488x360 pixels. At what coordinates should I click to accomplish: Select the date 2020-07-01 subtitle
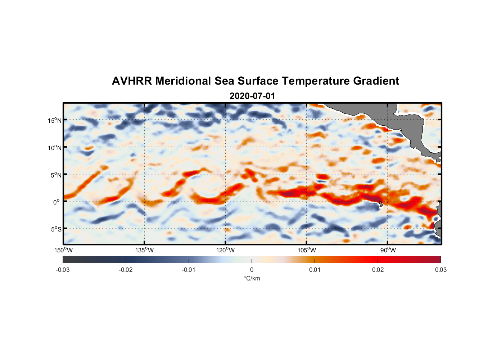pos(252,96)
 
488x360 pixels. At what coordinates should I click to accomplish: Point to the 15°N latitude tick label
pos(54,120)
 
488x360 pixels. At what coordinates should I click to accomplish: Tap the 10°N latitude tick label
pos(54,148)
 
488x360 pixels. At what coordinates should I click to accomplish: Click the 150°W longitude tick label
pos(64,250)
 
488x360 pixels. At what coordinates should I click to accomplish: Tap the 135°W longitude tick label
pos(145,250)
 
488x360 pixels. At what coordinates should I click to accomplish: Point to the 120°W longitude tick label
pos(226,250)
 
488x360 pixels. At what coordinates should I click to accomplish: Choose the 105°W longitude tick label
pos(307,250)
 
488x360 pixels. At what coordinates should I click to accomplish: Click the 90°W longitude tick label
pos(388,250)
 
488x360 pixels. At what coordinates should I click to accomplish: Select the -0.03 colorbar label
pos(63,270)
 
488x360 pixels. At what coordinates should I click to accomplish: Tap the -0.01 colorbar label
pos(189,270)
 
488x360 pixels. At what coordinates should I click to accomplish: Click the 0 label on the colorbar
pos(252,270)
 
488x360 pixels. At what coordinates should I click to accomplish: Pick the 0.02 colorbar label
pos(378,270)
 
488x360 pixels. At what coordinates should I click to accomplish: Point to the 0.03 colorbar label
pos(440,270)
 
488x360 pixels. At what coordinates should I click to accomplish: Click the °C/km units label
pos(252,278)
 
